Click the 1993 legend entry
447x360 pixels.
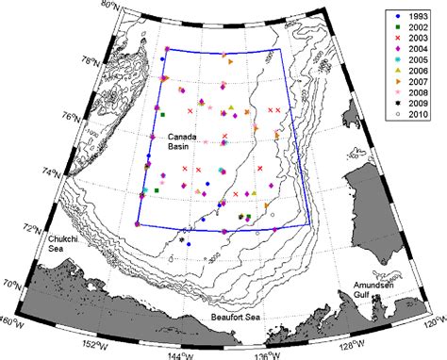coord(412,16)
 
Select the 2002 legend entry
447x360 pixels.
coord(412,29)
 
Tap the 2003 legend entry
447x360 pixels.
coord(412,42)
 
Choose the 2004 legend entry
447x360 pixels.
coord(412,56)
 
